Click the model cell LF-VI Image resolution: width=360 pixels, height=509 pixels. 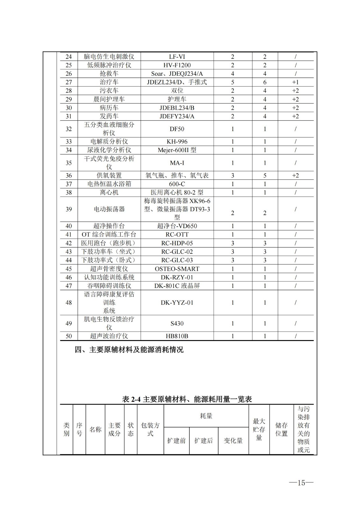pos(177,57)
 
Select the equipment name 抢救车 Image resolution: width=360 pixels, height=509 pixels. pos(109,73)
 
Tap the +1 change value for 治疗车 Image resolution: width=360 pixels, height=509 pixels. pos(295,82)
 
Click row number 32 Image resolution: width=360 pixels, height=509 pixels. pos(69,129)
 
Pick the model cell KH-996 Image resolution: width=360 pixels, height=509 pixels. pos(177,142)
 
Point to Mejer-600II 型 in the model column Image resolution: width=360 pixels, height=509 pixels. pos(177,150)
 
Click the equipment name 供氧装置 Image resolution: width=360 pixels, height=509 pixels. pos(109,175)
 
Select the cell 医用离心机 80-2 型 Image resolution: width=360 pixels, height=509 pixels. pos(177,192)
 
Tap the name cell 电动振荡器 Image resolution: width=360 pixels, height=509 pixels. pos(109,209)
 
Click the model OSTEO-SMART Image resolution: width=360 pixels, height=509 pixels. pos(177,269)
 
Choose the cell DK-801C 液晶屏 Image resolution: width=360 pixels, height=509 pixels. pos(177,286)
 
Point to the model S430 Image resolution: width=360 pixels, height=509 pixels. pos(177,323)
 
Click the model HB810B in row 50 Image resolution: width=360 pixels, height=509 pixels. pos(177,336)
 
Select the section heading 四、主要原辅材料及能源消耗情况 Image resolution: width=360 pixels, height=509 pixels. pos(129,350)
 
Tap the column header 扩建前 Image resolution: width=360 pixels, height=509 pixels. pos(176,441)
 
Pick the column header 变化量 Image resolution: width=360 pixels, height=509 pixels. pos(233,441)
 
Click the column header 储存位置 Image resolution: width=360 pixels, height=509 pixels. pos(281,429)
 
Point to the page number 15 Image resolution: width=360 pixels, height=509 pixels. pos(301,483)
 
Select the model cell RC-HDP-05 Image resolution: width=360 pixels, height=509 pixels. pos(177,243)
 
